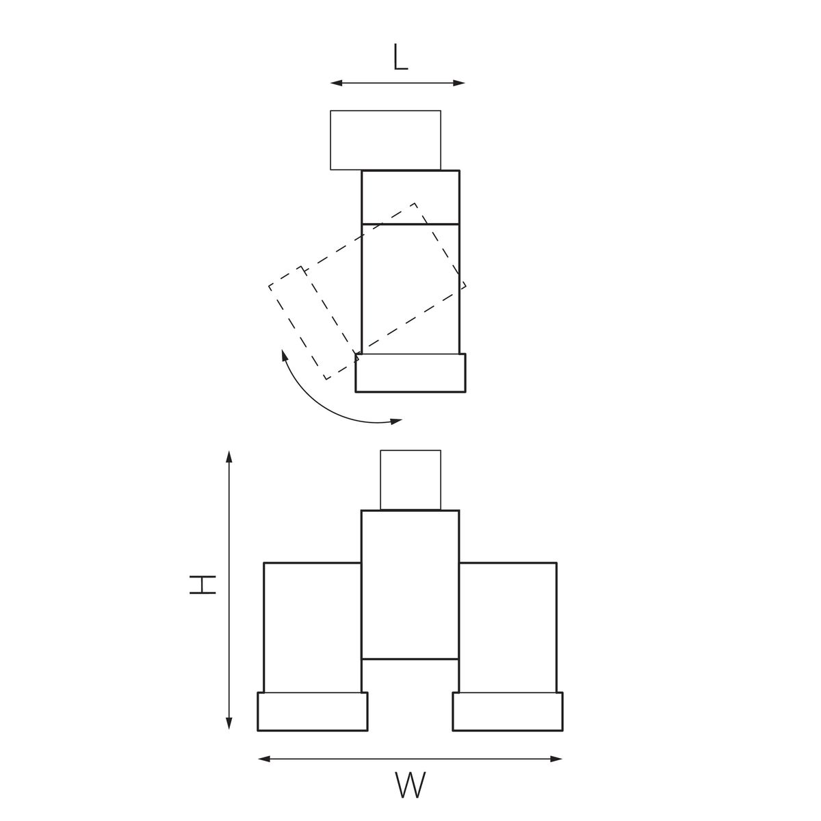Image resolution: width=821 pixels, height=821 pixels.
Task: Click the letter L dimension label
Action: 400,57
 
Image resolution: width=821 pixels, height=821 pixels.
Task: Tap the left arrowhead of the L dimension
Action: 336,83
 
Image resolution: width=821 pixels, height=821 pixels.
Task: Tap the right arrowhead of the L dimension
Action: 459,83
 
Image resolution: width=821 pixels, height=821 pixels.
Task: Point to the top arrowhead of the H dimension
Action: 229,456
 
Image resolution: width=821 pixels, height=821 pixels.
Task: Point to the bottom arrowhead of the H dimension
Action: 229,723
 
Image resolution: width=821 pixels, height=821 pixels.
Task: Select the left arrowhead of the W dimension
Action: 264,759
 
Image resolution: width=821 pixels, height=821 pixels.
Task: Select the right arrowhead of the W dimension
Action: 556,759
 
